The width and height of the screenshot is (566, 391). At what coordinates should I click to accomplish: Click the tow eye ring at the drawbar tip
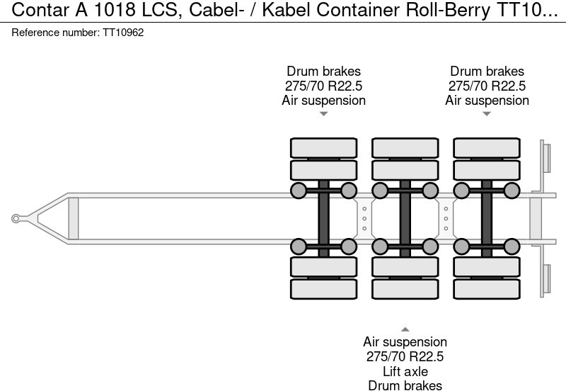16,219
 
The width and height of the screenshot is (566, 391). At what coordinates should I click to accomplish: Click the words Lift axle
405,371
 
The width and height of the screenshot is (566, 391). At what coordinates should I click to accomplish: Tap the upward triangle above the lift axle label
405,329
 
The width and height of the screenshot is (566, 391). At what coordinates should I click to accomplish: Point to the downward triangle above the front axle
323,113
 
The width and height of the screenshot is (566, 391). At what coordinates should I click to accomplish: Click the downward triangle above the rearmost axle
487,113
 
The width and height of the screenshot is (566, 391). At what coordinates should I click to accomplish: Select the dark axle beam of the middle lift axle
405,218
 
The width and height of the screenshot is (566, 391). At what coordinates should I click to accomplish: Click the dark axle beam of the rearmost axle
487,218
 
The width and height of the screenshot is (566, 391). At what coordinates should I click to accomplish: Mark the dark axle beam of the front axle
323,218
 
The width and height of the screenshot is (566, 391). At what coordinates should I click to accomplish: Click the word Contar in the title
35,12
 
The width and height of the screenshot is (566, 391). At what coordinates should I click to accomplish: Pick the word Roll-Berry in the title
434,12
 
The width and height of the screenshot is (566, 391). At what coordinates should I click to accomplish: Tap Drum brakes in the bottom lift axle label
405,385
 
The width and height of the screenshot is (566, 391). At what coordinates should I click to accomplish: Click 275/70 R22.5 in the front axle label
323,86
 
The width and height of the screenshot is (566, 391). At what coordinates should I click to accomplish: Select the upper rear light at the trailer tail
545,157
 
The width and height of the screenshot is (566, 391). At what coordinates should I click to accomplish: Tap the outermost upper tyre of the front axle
323,147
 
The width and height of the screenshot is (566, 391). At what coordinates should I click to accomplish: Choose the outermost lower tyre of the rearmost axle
487,290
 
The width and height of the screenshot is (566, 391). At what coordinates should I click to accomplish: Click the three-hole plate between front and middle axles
364,218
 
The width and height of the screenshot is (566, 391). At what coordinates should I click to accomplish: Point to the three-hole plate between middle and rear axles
446,218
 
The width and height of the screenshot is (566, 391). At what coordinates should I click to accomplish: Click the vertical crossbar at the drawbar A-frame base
73,219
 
